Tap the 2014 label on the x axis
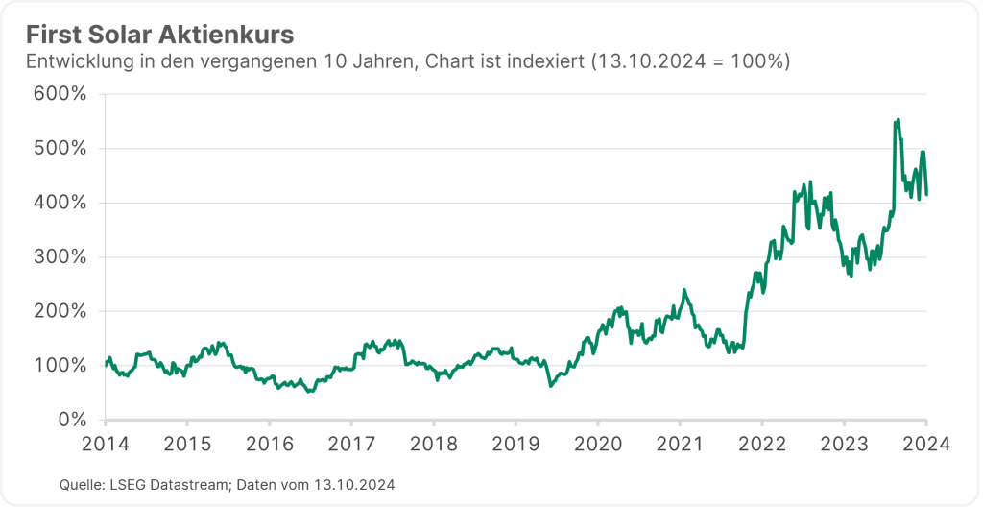(105, 444)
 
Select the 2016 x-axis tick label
(269, 444)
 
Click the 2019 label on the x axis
(515, 444)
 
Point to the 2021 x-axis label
(680, 444)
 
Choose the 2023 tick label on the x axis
(844, 444)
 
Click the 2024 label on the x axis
(925, 444)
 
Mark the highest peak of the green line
(898, 120)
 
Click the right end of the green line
(926, 194)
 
